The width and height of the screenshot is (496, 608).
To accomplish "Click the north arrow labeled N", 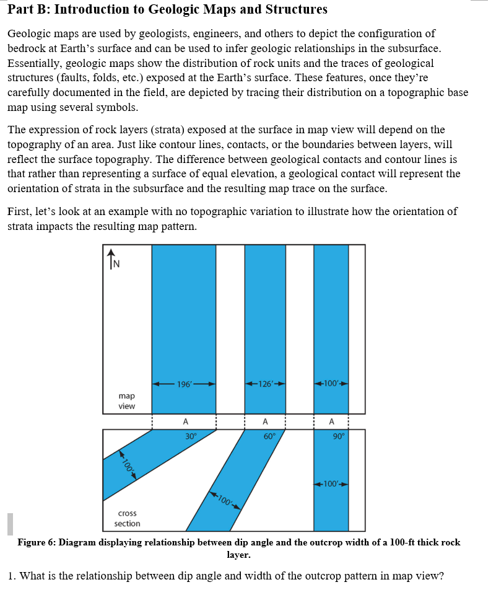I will coord(112,258).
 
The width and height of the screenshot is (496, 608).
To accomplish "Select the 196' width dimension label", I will coord(184,384).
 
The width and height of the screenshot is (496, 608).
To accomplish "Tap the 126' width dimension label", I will coord(265,384).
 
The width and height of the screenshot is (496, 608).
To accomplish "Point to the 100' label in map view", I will coord(331,384).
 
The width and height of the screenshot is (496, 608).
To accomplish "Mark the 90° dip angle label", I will coord(337,436).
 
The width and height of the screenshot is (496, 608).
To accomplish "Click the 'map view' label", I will coord(126,400).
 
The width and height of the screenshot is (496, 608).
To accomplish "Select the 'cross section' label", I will coord(127,518).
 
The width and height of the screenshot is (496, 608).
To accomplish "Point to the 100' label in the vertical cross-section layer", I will coord(331,483).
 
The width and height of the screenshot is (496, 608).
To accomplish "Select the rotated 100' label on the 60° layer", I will coord(225,500).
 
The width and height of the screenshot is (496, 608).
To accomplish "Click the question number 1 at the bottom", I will coord(12,576).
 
